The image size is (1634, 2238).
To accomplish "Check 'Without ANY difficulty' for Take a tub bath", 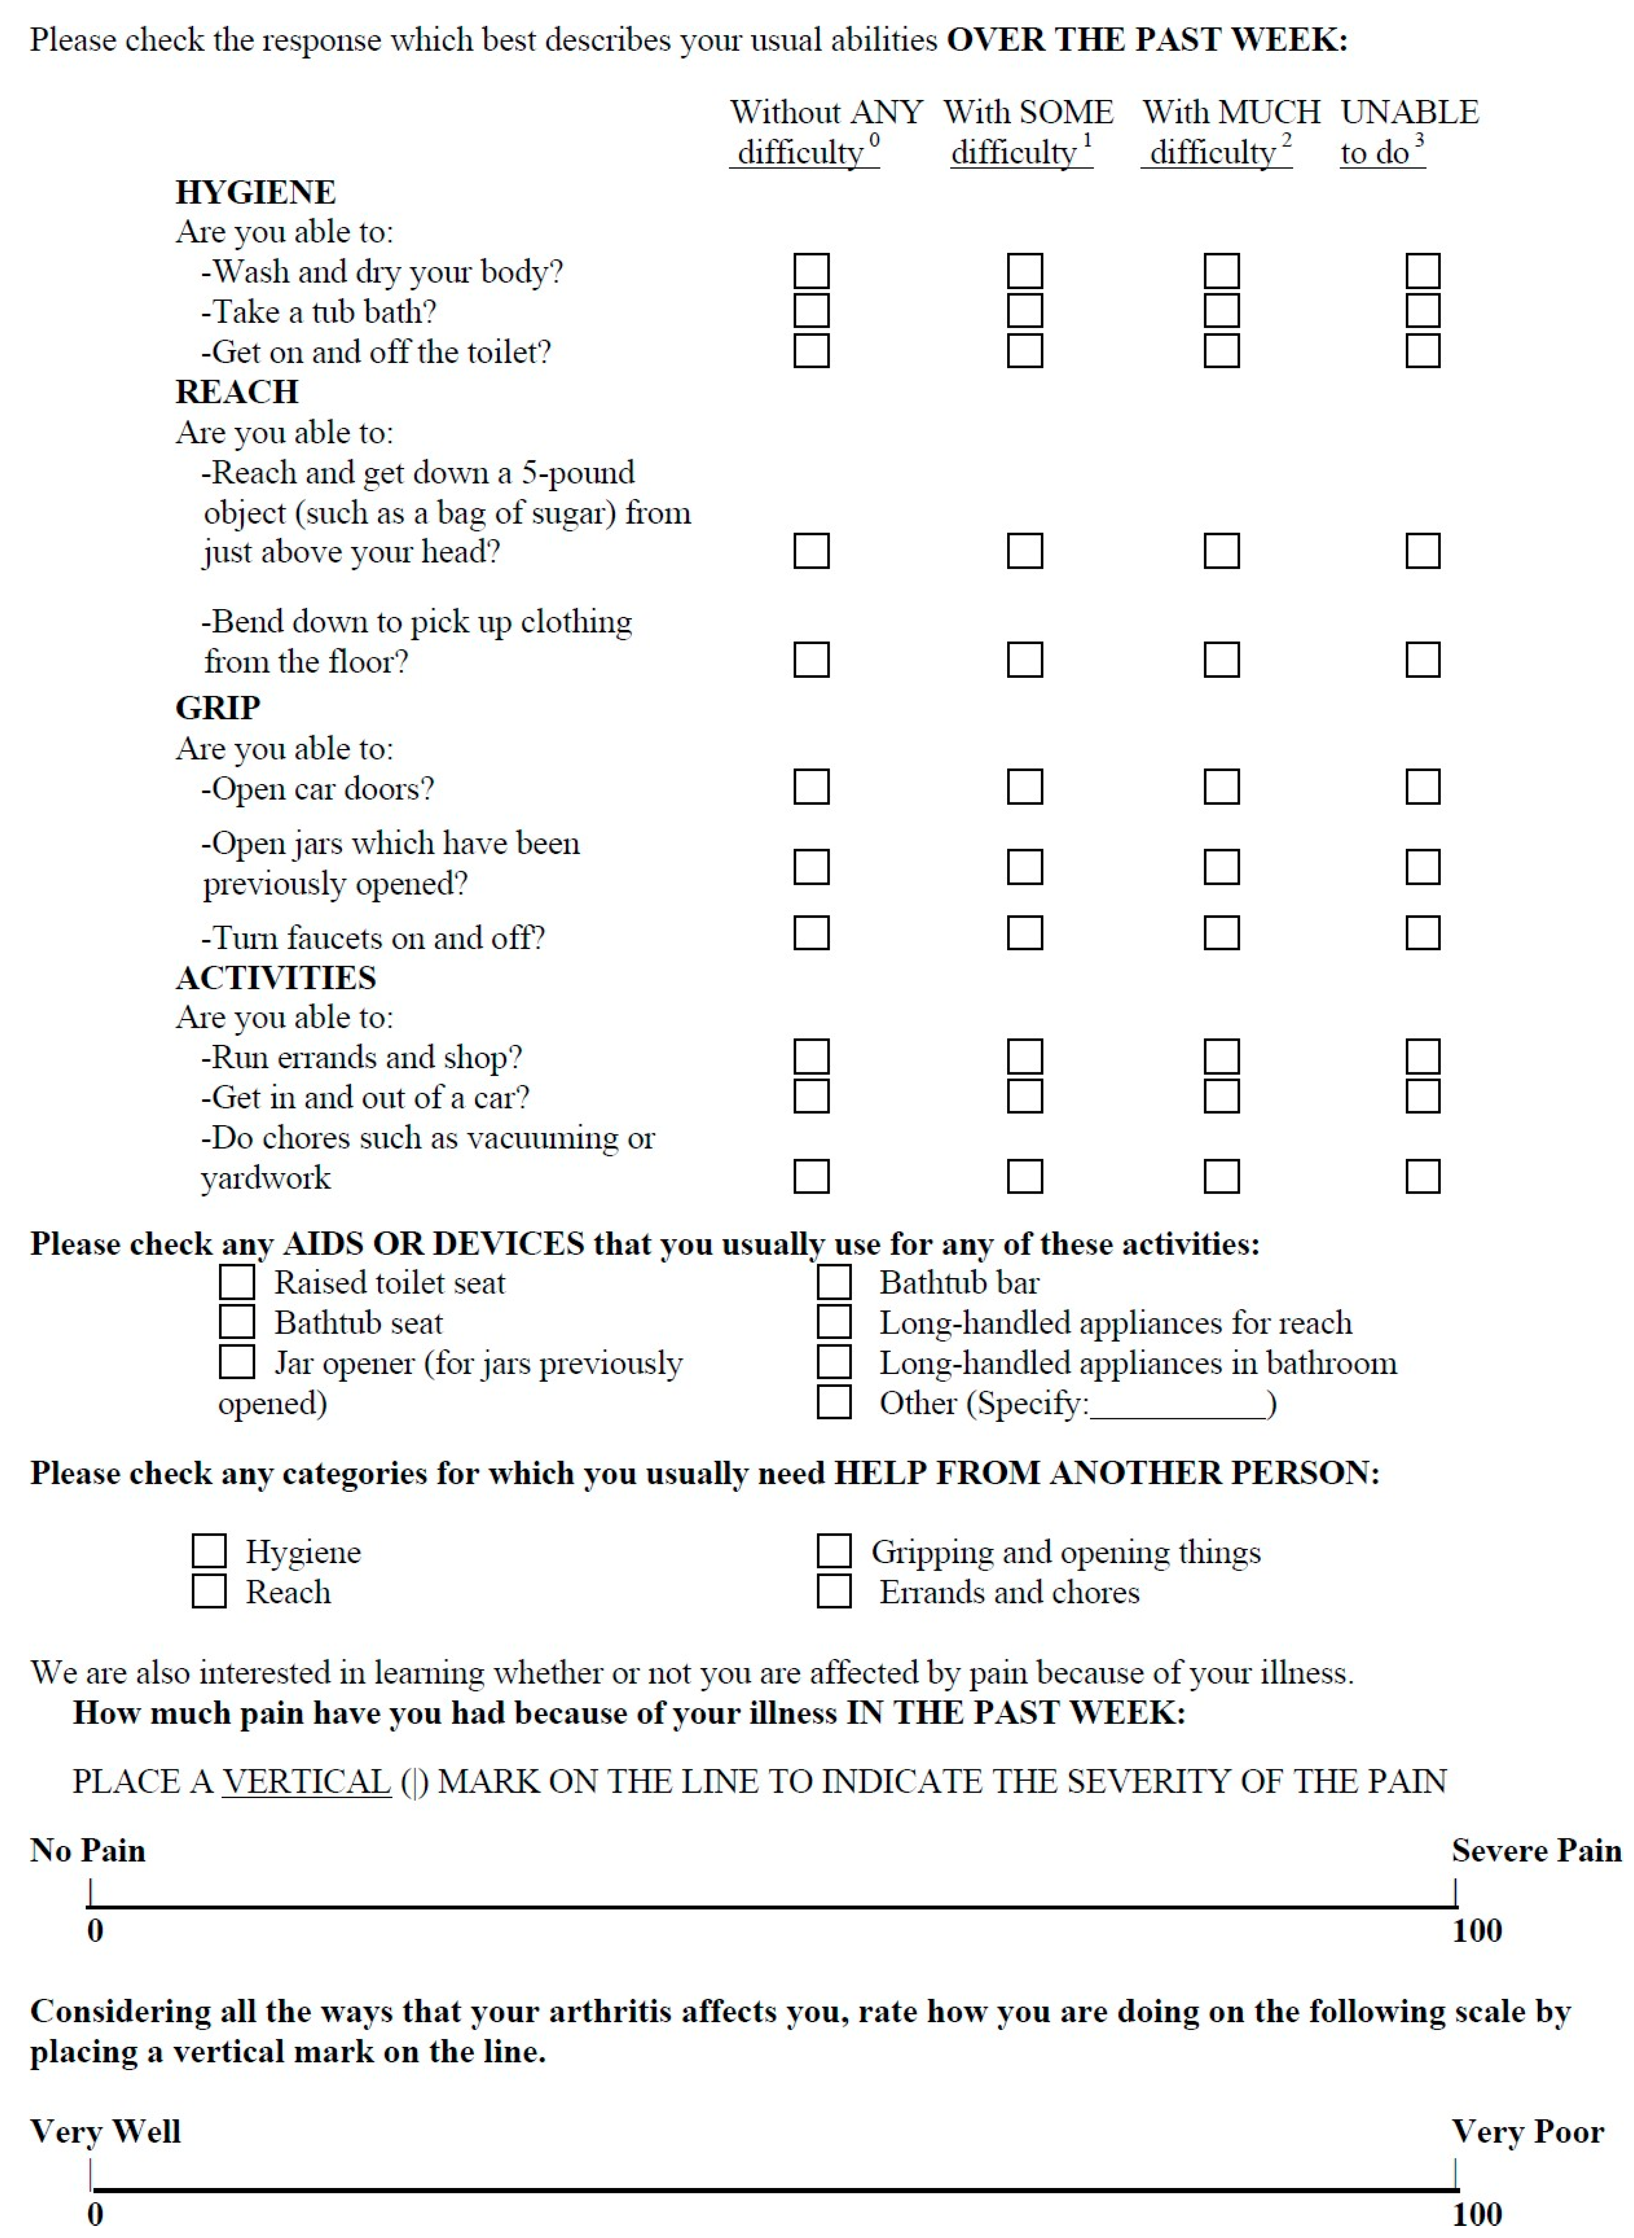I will tap(811, 311).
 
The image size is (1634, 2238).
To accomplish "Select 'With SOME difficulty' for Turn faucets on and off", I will tap(1025, 932).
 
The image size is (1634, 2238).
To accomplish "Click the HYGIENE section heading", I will tap(255, 192).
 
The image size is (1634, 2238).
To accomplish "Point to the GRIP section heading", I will tap(217, 708).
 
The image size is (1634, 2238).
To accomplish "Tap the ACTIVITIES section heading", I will tap(276, 977).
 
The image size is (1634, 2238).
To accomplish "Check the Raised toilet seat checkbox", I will tap(237, 1282).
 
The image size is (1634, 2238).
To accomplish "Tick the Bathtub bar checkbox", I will tap(834, 1282).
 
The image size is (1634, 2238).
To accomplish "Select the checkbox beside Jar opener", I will tap(237, 1362).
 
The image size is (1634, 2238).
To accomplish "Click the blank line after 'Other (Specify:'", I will tap(1177, 1405).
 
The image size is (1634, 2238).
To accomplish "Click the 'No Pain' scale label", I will tap(88, 1850).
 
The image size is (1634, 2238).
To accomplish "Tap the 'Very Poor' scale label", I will tap(1527, 2131).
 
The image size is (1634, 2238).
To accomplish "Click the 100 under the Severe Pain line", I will tap(1477, 1930).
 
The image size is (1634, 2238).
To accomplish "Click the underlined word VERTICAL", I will tap(306, 1781).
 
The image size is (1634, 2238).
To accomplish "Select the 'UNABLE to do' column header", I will tap(1409, 132).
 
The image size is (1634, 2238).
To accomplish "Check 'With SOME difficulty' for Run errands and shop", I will tap(1025, 1056).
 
